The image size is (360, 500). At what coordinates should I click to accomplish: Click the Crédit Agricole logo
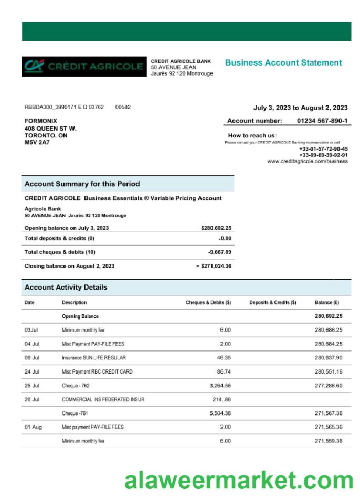coord(84,67)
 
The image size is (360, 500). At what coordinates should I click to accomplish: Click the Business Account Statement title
coord(283,63)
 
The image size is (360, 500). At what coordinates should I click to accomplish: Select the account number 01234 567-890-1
coord(322,121)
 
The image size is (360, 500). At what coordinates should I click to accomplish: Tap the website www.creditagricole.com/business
coord(307,162)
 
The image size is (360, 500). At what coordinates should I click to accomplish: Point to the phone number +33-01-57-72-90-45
coord(323,149)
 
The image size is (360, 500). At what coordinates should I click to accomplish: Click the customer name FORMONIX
coord(41,121)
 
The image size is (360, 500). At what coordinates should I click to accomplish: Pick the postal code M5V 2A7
coord(37,142)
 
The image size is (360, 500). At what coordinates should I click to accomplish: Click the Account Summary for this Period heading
coord(82,184)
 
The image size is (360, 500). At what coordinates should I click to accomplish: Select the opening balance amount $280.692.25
coord(216,228)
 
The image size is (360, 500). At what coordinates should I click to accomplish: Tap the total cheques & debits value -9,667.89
coord(219,252)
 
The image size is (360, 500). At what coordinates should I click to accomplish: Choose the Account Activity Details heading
coord(66,288)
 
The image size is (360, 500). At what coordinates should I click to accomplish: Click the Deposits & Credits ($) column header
coord(272,303)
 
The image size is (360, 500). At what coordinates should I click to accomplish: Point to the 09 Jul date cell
coord(32,358)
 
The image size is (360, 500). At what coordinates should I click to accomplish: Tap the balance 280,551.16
coord(329,372)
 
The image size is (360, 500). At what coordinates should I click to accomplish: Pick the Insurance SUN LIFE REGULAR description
coord(93,358)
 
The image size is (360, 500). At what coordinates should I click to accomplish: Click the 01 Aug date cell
coord(33,427)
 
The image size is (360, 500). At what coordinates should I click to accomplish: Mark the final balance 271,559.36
coord(329,441)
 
